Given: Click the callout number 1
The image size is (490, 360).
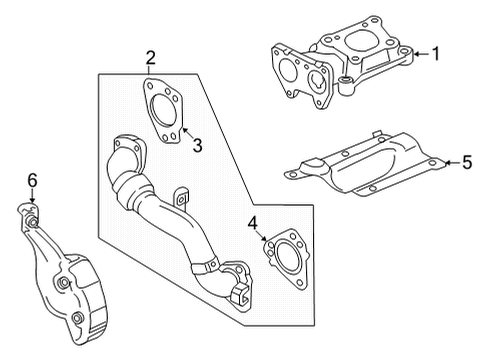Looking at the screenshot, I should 435,53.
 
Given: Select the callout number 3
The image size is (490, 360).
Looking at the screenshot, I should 197,146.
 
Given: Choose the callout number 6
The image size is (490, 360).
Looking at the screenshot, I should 31,180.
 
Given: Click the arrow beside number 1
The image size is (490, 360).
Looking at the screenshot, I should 419,53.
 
